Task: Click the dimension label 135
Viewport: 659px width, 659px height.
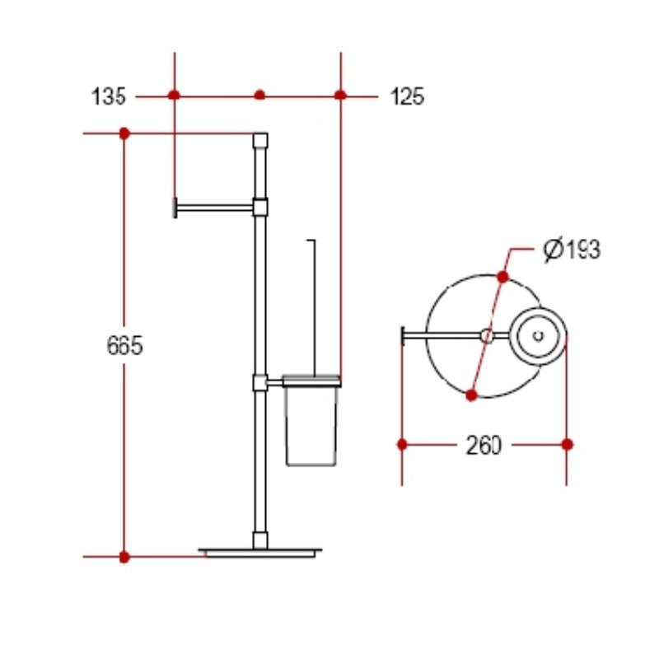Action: pyautogui.click(x=108, y=96)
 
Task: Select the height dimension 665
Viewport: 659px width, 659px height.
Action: pyautogui.click(x=124, y=346)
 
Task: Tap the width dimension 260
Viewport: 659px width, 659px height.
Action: pyautogui.click(x=484, y=446)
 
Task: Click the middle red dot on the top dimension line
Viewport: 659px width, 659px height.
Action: pyautogui.click(x=259, y=96)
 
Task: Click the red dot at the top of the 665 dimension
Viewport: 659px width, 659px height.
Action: pyautogui.click(x=124, y=133)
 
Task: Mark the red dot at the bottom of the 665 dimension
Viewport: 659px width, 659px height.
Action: pyautogui.click(x=124, y=557)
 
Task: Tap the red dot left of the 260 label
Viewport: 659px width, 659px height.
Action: pyautogui.click(x=402, y=445)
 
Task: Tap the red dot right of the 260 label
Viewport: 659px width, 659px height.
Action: pyautogui.click(x=567, y=445)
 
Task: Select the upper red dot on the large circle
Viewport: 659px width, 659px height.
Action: pyautogui.click(x=502, y=277)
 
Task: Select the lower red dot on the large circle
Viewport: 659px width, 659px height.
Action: pyautogui.click(x=471, y=395)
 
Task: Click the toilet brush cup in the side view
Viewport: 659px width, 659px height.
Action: pyautogui.click(x=311, y=424)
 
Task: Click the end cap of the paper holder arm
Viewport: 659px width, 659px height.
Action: pyautogui.click(x=175, y=208)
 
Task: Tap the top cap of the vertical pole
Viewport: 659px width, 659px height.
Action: pyautogui.click(x=260, y=139)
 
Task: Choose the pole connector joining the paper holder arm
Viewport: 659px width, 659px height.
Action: pyautogui.click(x=260, y=206)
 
